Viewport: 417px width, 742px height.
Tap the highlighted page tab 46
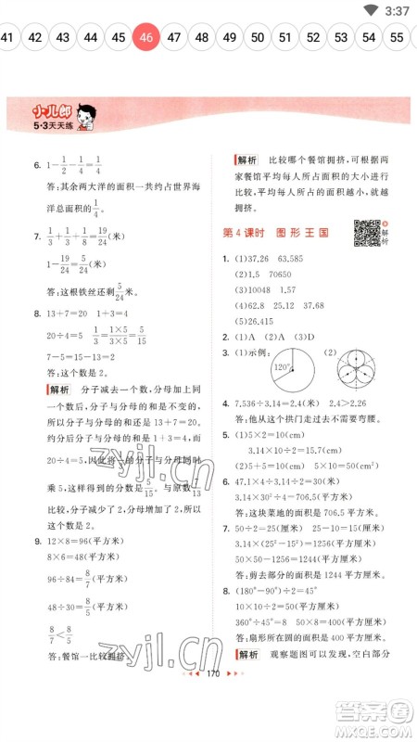coord(145,38)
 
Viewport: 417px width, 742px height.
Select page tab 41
coord(7,38)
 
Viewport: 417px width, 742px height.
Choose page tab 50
coord(258,38)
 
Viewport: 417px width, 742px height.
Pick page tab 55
coord(397,38)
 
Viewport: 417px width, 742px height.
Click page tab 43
coord(62,38)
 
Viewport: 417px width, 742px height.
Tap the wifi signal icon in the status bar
coord(371,10)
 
